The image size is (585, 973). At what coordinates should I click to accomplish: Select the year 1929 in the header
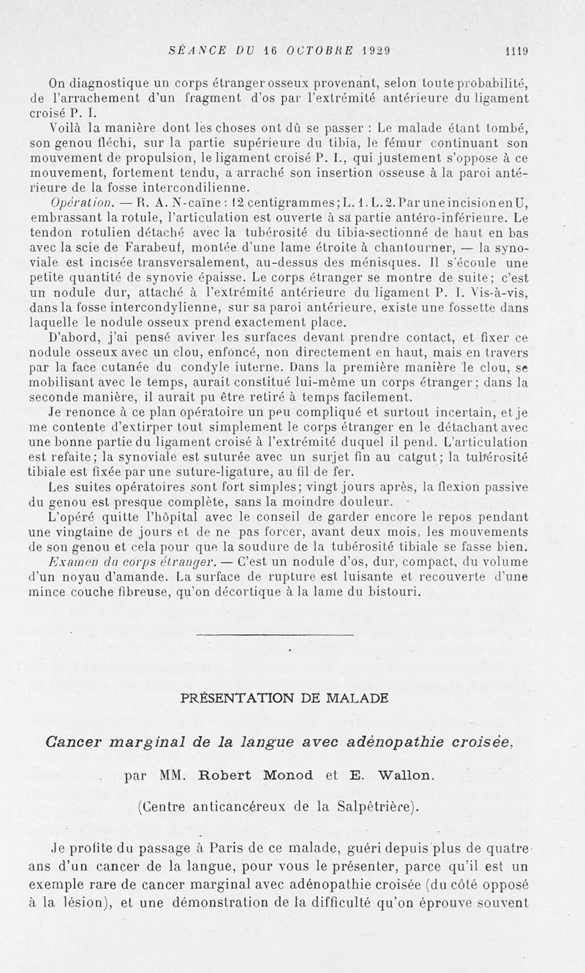(x=372, y=51)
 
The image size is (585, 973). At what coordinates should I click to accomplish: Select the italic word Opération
(x=72, y=202)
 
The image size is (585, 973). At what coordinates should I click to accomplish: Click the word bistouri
(x=393, y=592)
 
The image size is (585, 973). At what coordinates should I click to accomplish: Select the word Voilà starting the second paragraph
(x=64, y=129)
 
